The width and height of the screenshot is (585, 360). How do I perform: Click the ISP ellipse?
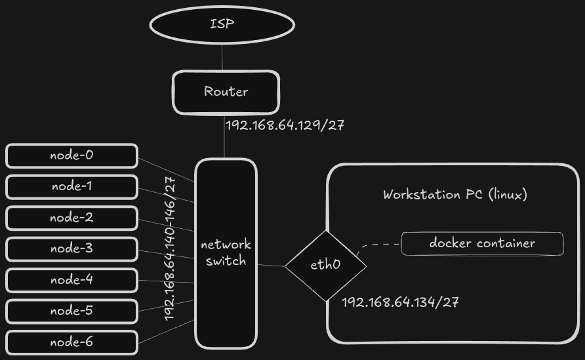(x=222, y=25)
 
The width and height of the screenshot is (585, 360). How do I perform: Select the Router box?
(x=226, y=92)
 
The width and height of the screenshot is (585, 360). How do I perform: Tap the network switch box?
(x=226, y=253)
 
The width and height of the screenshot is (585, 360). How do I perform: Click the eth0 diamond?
(x=325, y=266)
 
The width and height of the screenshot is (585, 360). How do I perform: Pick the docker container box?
(x=482, y=243)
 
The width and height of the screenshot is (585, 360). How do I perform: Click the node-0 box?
(x=72, y=156)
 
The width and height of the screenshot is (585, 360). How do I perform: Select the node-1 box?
(x=72, y=187)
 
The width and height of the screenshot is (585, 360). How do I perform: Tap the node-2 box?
(x=72, y=218)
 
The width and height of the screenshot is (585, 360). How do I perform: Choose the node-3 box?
(x=72, y=249)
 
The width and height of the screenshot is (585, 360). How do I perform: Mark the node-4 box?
(x=72, y=280)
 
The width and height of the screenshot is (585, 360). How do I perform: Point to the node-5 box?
(x=72, y=311)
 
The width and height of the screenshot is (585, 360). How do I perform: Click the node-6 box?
(x=72, y=342)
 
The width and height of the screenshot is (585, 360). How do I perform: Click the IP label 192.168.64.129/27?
(x=285, y=125)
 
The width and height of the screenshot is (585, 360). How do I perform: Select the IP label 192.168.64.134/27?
(x=400, y=302)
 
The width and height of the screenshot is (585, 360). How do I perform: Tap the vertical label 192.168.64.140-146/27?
(x=170, y=249)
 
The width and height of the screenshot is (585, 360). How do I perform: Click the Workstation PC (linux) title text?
(x=455, y=195)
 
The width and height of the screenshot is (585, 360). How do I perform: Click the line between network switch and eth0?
(x=271, y=266)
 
